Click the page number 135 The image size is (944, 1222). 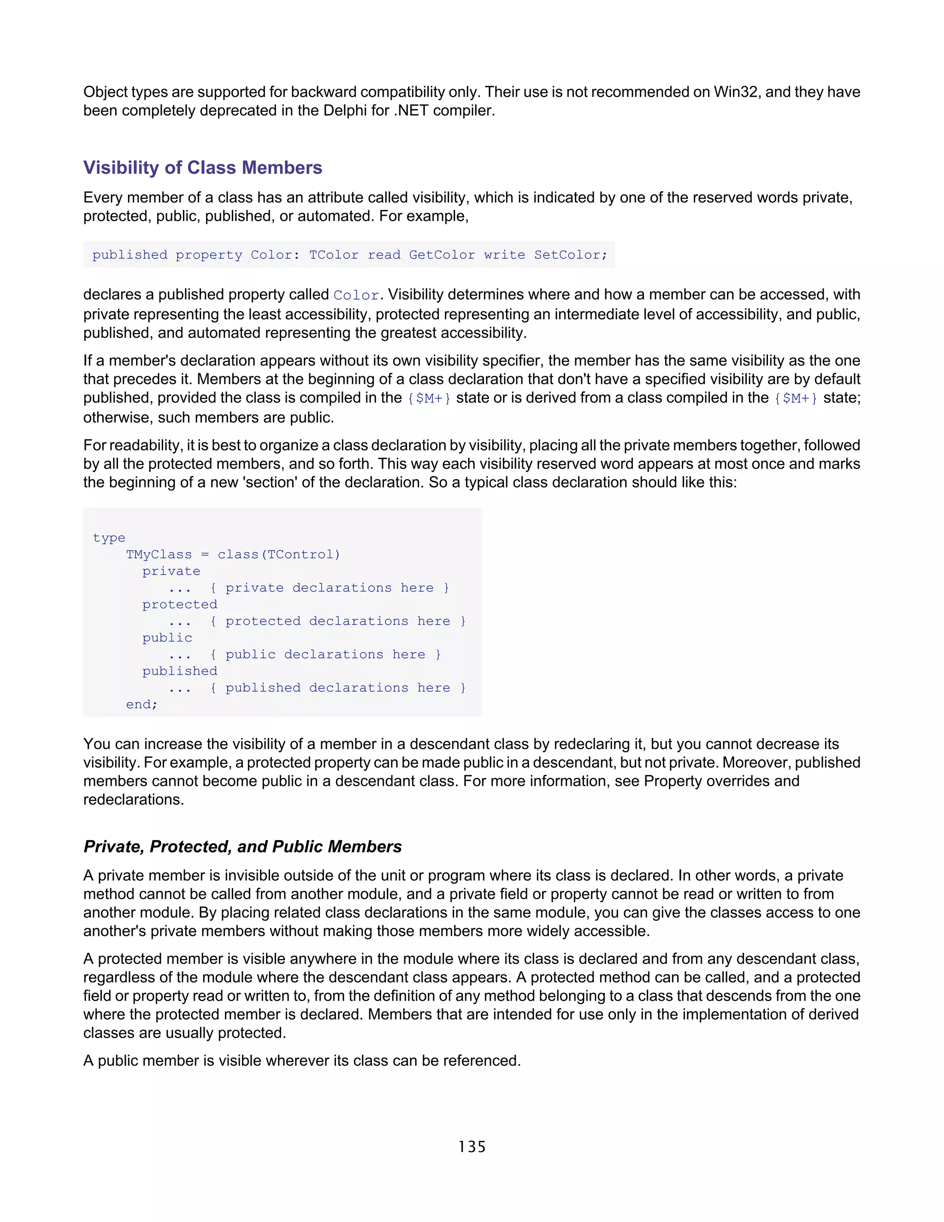[x=472, y=1147]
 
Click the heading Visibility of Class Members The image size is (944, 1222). [x=202, y=167]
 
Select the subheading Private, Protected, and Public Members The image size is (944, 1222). [x=242, y=846]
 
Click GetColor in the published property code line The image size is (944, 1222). [x=442, y=255]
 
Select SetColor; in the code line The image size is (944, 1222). [x=571, y=255]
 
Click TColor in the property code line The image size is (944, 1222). [x=333, y=255]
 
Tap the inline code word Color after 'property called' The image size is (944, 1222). [x=356, y=296]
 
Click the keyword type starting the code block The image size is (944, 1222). [x=109, y=538]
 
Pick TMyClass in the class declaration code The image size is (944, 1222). [x=159, y=554]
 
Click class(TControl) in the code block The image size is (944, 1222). [x=278, y=554]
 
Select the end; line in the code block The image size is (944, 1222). [x=142, y=705]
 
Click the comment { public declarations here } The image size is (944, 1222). [x=325, y=655]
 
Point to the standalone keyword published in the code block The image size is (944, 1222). [x=179, y=671]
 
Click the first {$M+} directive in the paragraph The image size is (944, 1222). [x=429, y=398]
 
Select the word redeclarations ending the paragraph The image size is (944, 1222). [x=133, y=800]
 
